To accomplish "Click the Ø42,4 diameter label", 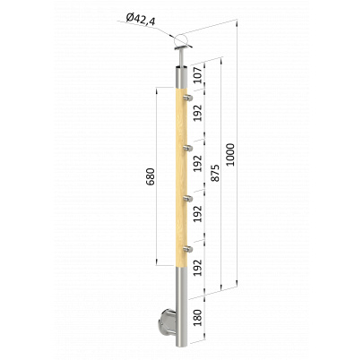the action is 141,20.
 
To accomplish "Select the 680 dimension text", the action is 151,176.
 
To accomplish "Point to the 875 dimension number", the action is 215,173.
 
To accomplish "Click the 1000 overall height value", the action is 230,155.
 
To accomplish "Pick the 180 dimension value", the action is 198,318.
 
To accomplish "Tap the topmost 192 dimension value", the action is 198,113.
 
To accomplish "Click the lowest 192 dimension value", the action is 198,268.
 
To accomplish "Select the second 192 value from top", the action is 198,163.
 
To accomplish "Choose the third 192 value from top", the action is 198,214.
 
